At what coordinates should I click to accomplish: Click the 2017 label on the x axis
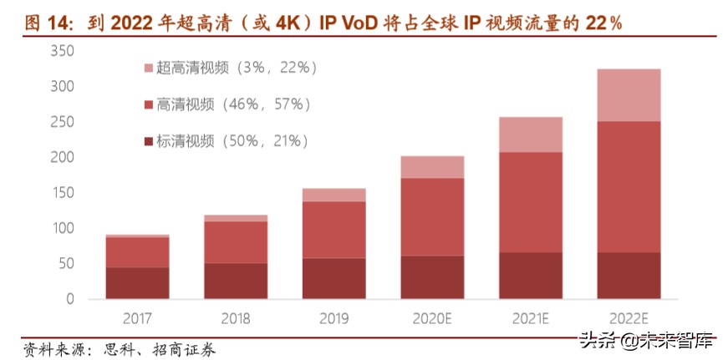tap(137, 317)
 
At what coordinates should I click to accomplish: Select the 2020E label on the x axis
tap(432, 317)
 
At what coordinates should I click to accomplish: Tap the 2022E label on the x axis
tap(629, 317)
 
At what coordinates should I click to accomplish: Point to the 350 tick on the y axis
tap(63, 52)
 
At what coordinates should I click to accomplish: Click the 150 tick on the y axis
tap(63, 193)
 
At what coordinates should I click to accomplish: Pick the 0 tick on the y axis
tap(70, 299)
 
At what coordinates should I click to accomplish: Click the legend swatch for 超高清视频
tap(149, 68)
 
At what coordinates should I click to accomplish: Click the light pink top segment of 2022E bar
tap(629, 95)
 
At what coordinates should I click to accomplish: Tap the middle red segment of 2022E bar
tap(629, 187)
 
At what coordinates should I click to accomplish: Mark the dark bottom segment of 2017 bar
tap(137, 283)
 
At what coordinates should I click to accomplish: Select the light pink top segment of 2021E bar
tap(530, 134)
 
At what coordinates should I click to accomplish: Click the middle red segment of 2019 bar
tap(333, 230)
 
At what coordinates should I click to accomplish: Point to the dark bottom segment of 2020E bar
tap(432, 277)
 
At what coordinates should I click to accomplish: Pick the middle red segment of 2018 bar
tap(236, 242)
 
